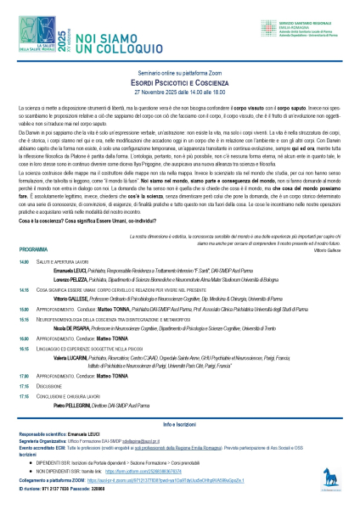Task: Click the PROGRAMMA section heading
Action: click(x=32, y=275)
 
